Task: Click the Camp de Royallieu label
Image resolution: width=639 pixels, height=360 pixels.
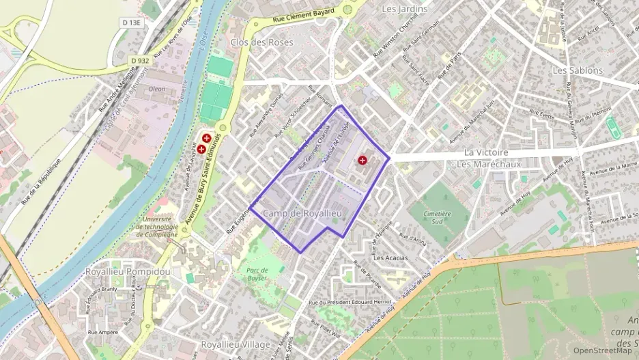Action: (x=302, y=214)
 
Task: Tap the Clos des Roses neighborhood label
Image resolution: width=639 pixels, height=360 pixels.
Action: (x=262, y=42)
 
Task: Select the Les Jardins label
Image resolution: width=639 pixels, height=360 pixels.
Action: (x=404, y=9)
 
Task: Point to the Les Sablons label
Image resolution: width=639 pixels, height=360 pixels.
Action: (x=578, y=70)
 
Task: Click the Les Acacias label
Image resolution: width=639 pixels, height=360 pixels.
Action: (x=390, y=258)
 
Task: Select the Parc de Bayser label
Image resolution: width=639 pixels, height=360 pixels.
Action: (x=257, y=274)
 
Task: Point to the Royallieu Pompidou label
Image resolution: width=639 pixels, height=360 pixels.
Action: (x=128, y=271)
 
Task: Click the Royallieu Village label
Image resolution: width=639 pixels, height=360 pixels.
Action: (x=236, y=344)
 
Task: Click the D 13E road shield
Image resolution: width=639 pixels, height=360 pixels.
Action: (x=132, y=23)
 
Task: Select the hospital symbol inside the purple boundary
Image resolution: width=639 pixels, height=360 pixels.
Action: (x=362, y=160)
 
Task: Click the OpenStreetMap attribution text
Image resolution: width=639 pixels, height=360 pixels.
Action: (x=602, y=350)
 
